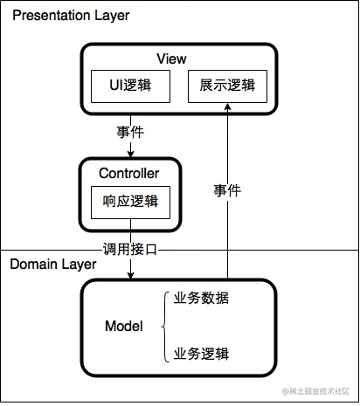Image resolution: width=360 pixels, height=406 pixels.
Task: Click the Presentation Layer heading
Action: click(70, 16)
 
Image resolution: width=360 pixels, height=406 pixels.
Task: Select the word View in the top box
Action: click(172, 58)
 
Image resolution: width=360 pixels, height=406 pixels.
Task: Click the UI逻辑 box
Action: click(130, 85)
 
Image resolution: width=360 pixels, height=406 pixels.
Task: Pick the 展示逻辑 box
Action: click(227, 85)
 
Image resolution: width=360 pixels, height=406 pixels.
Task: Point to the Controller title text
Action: click(128, 173)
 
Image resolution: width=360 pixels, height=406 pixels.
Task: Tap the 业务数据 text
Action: click(202, 298)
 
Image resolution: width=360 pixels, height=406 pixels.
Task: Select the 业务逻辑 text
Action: click(202, 354)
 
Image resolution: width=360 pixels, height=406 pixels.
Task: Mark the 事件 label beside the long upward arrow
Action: click(226, 189)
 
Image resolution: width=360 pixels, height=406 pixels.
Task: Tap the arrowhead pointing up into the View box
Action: click(227, 107)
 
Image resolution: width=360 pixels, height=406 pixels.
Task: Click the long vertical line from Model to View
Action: click(227, 227)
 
